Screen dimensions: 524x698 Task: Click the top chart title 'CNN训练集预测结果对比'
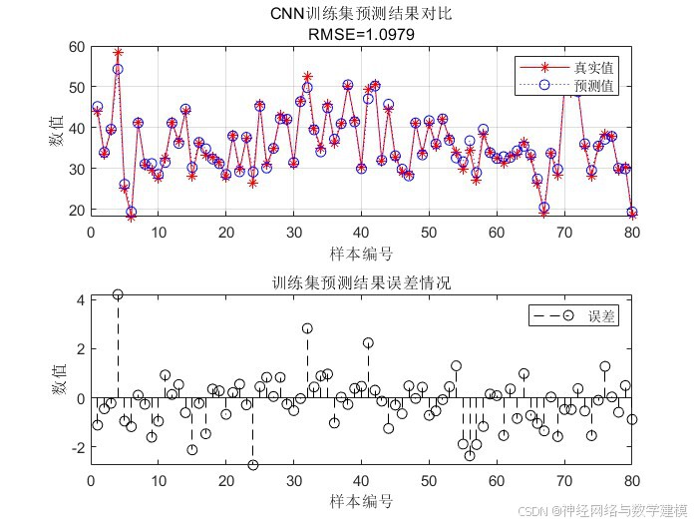coord(360,14)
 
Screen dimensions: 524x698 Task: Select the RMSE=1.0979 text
coord(360,33)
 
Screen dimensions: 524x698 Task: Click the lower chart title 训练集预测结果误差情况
coord(360,283)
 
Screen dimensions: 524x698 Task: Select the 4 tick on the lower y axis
coord(81,299)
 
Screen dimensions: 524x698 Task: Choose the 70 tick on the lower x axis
coord(564,478)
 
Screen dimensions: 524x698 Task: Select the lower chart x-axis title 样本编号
coord(360,499)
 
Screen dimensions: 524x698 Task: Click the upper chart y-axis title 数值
coord(58,131)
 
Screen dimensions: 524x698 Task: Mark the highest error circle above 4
coord(118,294)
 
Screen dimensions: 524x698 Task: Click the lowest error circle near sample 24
coord(253,465)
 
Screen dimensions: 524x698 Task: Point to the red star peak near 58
coord(118,52)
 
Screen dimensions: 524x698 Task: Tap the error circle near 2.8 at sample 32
coord(307,328)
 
